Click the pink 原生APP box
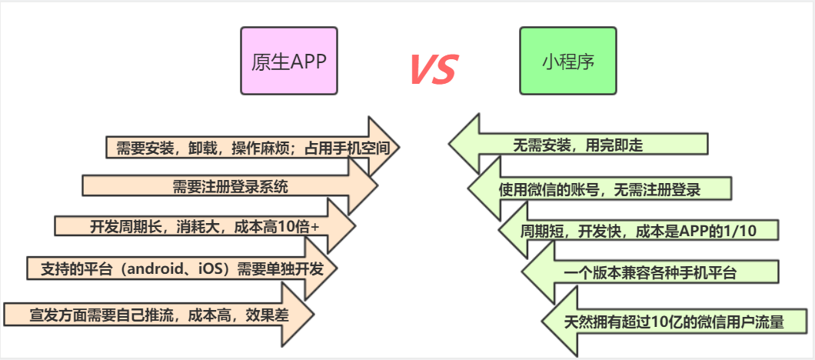pyautogui.click(x=288, y=61)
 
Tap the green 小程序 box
pyautogui.click(x=567, y=61)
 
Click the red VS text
pyautogui.click(x=431, y=69)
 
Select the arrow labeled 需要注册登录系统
pyautogui.click(x=230, y=185)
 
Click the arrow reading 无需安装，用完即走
pyautogui.click(x=577, y=144)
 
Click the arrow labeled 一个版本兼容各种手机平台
pyautogui.click(x=650, y=272)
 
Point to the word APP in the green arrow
pyautogui.click(x=724, y=230)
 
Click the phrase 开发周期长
pyautogui.click(x=121, y=226)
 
